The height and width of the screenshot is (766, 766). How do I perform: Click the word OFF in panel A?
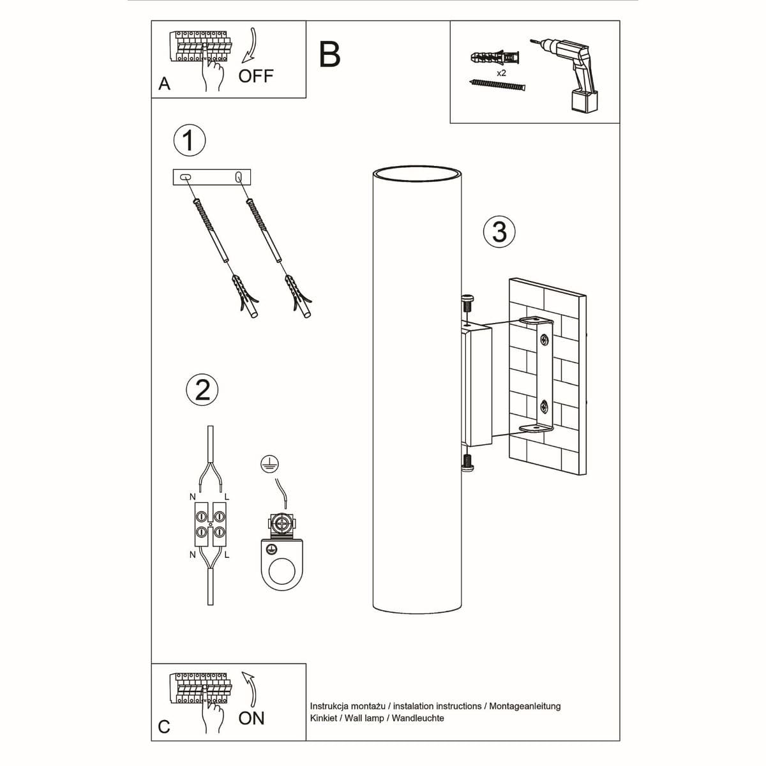(x=255, y=76)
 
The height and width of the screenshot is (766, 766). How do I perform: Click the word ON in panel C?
(x=251, y=718)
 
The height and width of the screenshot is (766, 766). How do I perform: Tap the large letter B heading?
(x=329, y=55)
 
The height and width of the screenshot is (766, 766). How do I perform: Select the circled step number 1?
(x=189, y=140)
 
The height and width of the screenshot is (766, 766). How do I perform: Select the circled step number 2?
(x=202, y=389)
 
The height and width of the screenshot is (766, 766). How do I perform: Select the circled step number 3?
(x=499, y=232)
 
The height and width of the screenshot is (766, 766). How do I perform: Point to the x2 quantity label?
(x=501, y=73)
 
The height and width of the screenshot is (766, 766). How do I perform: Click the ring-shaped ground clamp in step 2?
(x=280, y=565)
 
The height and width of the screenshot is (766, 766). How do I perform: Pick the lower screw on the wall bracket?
(x=544, y=405)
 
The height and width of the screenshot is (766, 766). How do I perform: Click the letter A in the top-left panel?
(x=165, y=84)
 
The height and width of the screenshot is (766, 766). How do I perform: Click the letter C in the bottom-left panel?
(x=164, y=727)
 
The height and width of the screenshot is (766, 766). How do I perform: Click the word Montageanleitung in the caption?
(x=525, y=706)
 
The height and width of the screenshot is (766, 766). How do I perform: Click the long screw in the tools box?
(x=497, y=86)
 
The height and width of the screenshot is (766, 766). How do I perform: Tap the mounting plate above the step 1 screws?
(x=212, y=177)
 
